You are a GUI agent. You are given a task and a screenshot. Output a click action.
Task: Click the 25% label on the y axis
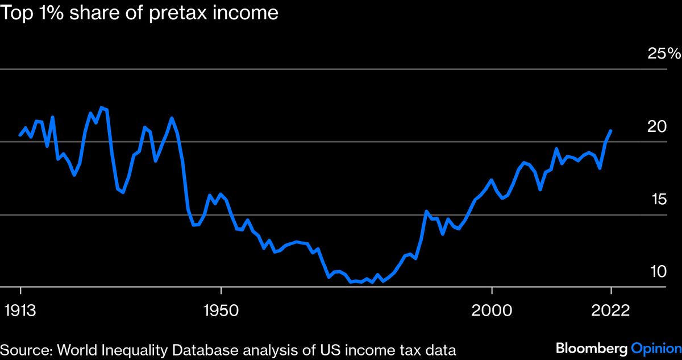pos(664,54)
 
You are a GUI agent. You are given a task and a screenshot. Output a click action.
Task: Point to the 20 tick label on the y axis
pos(657,127)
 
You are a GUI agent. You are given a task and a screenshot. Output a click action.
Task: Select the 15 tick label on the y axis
pos(657,200)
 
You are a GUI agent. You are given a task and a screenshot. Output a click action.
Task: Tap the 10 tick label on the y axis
pos(657,272)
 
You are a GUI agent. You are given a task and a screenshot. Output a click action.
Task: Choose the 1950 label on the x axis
pos(221,311)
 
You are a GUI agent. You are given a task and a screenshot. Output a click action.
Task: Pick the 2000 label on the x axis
pos(491,311)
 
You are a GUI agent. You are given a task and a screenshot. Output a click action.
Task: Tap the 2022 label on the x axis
pos(611,311)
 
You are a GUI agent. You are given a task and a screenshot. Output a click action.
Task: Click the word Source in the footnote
pos(22,350)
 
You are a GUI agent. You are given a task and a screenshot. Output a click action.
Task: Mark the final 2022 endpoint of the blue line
pos(611,131)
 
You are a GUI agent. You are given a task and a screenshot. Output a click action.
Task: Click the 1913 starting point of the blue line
pos(20,135)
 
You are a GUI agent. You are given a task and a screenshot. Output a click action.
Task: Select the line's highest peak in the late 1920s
pos(101,107)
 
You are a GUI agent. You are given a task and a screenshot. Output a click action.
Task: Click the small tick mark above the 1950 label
pos(221,291)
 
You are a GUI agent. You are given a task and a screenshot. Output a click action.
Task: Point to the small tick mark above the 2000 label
pos(491,291)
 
